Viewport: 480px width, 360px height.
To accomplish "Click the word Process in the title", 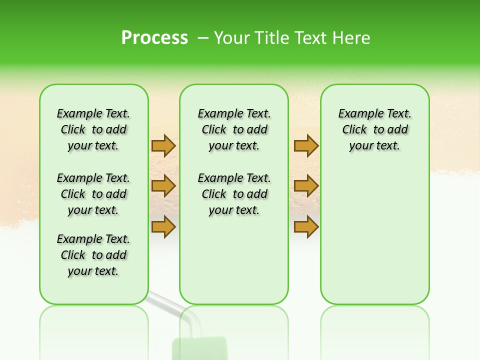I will tap(154, 38).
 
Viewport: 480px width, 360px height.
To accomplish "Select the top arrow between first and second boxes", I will tap(163, 145).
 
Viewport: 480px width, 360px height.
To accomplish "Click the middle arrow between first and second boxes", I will tap(163, 186).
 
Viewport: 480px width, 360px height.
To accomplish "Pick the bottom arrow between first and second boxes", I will tap(163, 226).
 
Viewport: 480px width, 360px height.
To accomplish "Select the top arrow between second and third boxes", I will tap(306, 145).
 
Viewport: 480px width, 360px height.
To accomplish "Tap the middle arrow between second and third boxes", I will tap(306, 186).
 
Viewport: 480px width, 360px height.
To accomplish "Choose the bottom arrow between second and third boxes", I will tap(306, 226).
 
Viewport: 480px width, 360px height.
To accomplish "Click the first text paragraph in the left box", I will tap(93, 129).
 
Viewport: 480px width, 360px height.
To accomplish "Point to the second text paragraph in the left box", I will tap(93, 194).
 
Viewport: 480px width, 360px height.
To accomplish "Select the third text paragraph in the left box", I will tap(93, 255).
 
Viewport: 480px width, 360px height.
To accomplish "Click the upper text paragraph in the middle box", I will tap(234, 129).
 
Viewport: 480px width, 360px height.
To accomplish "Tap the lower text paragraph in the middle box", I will tap(234, 194).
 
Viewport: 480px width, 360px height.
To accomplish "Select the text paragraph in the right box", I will tap(374, 129).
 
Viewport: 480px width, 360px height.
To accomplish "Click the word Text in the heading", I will tap(310, 38).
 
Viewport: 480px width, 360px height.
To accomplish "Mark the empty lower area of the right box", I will tap(374, 235).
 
